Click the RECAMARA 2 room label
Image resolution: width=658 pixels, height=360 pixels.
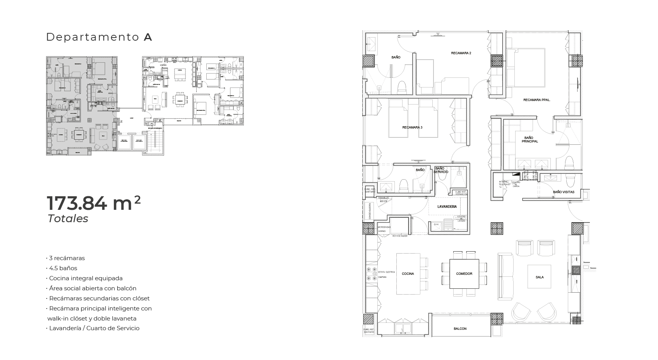(461, 53)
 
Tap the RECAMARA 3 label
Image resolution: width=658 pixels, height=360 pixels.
(412, 127)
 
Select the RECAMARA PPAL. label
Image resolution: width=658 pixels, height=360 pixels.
(536, 100)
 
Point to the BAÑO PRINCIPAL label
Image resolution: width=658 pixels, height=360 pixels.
(529, 139)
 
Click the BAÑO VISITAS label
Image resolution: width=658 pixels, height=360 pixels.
(564, 192)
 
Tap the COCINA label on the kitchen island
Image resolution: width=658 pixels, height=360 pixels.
(408, 274)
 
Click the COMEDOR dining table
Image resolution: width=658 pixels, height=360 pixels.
(464, 274)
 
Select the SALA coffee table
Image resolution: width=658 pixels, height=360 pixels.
(540, 277)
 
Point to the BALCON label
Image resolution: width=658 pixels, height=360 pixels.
(460, 329)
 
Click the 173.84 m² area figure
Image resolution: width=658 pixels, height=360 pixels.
(93, 204)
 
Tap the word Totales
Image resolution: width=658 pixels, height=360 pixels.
(68, 219)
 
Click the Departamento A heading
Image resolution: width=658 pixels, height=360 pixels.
(99, 37)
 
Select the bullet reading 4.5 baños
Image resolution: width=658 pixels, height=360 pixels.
(63, 268)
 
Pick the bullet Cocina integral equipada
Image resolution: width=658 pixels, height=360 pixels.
(86, 278)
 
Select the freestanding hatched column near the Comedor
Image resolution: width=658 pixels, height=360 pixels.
(497, 228)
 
